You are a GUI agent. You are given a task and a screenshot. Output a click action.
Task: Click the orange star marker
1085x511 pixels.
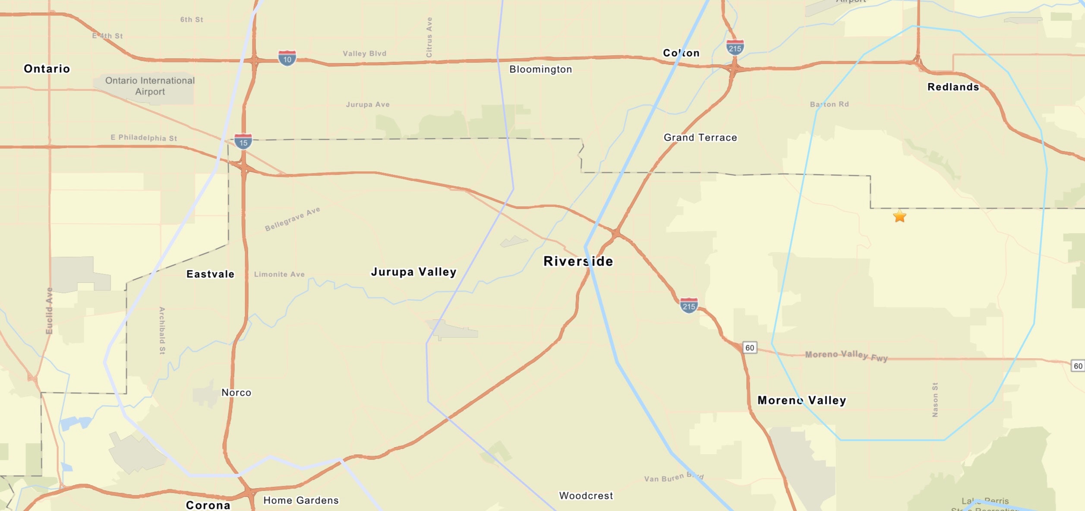tap(899, 216)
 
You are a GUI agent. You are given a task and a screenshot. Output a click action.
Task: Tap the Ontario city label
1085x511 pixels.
tap(47, 69)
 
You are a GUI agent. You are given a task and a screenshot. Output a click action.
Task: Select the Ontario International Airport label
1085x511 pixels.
tap(150, 86)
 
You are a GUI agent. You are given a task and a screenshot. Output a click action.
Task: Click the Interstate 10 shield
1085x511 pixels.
tap(287, 58)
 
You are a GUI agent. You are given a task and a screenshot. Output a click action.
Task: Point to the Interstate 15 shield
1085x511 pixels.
tap(243, 141)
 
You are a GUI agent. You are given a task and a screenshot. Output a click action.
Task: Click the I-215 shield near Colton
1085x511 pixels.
tap(735, 47)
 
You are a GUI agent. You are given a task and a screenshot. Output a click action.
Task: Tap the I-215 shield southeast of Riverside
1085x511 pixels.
tap(688, 305)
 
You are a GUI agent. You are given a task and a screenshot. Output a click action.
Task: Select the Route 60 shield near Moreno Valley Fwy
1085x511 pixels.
tap(750, 347)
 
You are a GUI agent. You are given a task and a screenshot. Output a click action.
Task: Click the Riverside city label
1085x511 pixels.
tap(578, 261)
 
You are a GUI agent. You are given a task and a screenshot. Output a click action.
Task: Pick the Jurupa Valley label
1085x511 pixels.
tap(413, 272)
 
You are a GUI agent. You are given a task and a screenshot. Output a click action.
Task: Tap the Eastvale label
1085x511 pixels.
tap(210, 274)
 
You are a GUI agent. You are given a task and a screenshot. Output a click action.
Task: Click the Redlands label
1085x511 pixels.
tap(953, 87)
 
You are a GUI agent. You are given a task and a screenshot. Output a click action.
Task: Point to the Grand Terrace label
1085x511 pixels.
tap(700, 137)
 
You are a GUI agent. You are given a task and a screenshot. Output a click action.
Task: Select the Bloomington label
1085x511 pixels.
tap(540, 69)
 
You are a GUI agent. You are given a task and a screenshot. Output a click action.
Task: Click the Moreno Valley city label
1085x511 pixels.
tap(801, 400)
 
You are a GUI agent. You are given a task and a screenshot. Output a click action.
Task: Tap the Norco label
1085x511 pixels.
tap(236, 392)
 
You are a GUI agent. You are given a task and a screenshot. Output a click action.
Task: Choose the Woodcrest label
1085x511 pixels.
tap(586, 495)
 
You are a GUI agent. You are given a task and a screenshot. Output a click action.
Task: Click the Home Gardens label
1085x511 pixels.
tap(301, 500)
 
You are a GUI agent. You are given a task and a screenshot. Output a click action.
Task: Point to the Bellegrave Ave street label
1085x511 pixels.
tap(292, 219)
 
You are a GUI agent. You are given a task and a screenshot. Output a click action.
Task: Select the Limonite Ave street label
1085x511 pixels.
tap(279, 274)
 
